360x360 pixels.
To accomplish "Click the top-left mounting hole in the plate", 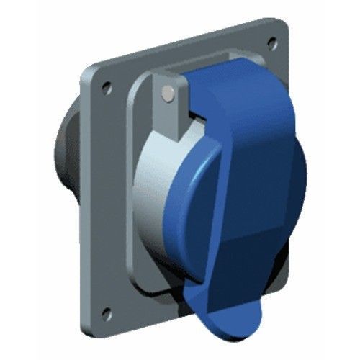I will click(107, 86).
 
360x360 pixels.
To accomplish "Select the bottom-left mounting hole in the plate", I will click(107, 312).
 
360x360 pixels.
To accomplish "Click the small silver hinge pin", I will click(168, 92).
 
